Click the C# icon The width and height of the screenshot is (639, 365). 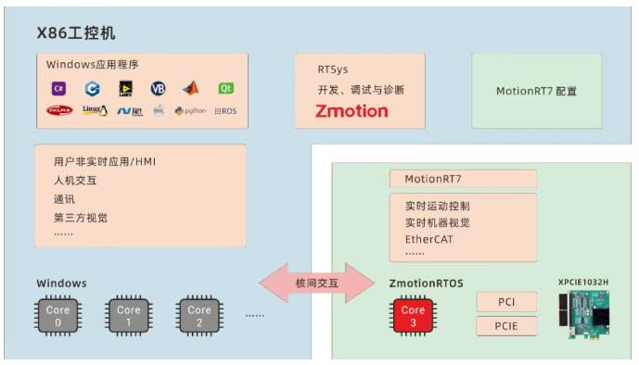pos(58,89)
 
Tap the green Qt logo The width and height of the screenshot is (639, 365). pos(225,89)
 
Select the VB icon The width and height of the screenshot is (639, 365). pos(158,89)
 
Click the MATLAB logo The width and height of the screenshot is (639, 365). pos(191,89)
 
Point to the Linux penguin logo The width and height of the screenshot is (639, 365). pos(94,110)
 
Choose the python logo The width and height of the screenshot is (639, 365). pos(190,110)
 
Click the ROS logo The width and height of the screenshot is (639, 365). pos(225,110)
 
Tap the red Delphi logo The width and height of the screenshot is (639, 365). pos(59,110)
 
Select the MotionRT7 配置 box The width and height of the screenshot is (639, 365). pos(536,91)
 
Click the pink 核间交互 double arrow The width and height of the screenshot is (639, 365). pos(312,282)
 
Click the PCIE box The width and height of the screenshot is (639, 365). pos(506,326)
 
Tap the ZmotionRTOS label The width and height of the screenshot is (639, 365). pos(424,283)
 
